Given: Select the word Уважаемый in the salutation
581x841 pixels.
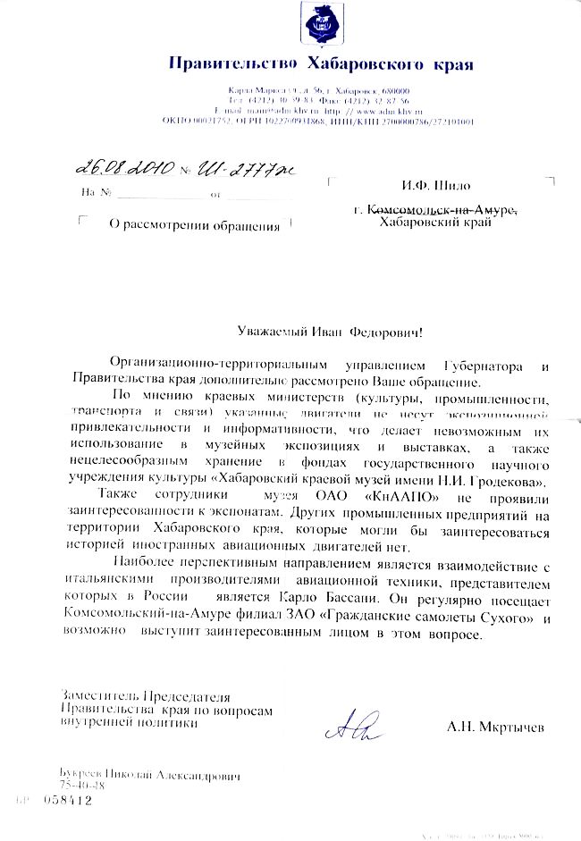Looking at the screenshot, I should [274, 331].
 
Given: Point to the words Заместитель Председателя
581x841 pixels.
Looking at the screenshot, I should [145, 695].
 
